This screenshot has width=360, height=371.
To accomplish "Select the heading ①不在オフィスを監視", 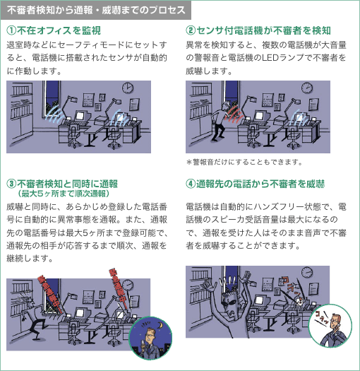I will click(x=53, y=31).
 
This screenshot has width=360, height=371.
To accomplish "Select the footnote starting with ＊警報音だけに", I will click(x=244, y=161).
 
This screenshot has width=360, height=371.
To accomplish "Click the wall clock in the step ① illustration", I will click(x=128, y=88).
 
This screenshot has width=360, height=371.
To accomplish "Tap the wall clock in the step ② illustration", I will click(x=308, y=88).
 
